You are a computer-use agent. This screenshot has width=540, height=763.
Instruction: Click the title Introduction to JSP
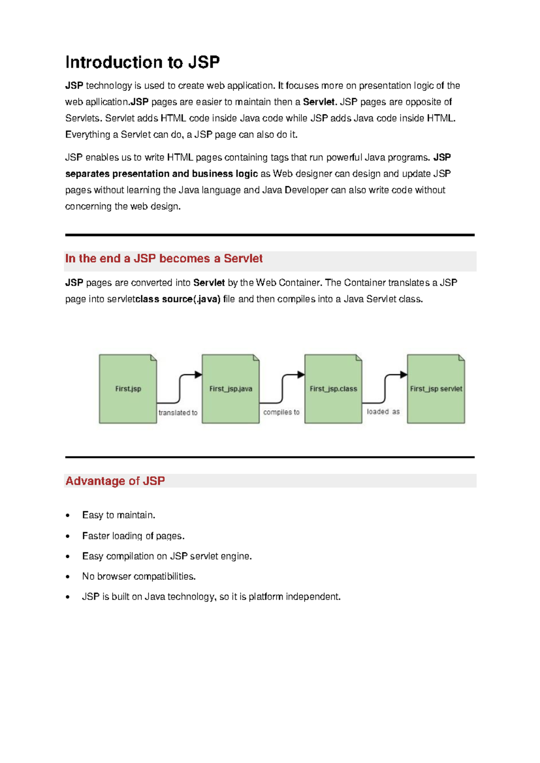pyautogui.click(x=142, y=62)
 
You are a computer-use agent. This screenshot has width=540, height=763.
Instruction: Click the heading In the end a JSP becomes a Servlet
pyautogui.click(x=164, y=259)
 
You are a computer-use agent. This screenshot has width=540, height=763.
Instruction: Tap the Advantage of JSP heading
pyautogui.click(x=115, y=481)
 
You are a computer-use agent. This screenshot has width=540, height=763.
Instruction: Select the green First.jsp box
pyautogui.click(x=128, y=389)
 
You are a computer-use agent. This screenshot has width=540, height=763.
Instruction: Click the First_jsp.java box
pyautogui.click(x=230, y=389)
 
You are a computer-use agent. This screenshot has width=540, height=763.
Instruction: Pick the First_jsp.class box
pyautogui.click(x=333, y=389)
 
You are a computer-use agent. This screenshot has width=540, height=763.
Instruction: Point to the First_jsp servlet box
pyautogui.click(x=436, y=389)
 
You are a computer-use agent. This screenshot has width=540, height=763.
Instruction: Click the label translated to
pyautogui.click(x=178, y=413)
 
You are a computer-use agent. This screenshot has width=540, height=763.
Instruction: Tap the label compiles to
pyautogui.click(x=281, y=412)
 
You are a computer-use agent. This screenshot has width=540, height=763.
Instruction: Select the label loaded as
pyautogui.click(x=383, y=412)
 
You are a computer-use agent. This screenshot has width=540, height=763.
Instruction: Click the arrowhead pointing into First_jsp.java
pyautogui.click(x=198, y=375)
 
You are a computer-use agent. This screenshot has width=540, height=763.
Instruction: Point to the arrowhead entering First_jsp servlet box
pyautogui.click(x=404, y=375)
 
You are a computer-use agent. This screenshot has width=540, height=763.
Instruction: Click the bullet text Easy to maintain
pyautogui.click(x=118, y=515)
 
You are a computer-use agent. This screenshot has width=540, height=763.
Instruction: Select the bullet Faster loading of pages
pyautogui.click(x=133, y=536)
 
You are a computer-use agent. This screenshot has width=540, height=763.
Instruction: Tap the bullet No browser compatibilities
pyautogui.click(x=139, y=576)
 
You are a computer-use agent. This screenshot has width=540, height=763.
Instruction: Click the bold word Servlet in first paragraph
pyautogui.click(x=319, y=102)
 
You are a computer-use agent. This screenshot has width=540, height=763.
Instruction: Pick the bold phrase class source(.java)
pyautogui.click(x=178, y=299)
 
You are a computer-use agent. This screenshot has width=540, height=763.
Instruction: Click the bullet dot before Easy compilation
pyautogui.click(x=68, y=557)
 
